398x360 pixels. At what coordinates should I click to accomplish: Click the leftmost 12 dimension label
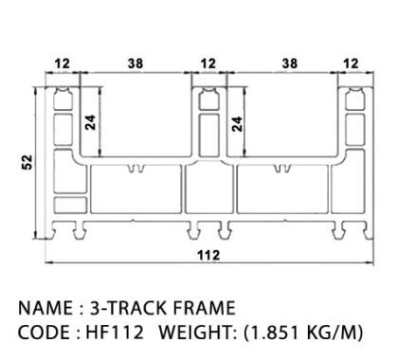[63, 63]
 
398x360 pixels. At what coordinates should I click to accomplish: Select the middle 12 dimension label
[208, 63]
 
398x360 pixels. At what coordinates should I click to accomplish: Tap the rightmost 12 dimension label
[351, 63]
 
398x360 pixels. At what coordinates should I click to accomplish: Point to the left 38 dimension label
[136, 63]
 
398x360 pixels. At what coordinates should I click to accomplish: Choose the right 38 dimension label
[290, 63]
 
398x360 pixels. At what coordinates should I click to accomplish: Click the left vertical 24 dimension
[91, 122]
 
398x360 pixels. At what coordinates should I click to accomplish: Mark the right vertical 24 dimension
[237, 124]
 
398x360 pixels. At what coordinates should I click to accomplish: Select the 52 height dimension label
[27, 162]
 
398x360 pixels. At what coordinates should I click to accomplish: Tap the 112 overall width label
[208, 255]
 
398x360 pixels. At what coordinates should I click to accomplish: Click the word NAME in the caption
[45, 308]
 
